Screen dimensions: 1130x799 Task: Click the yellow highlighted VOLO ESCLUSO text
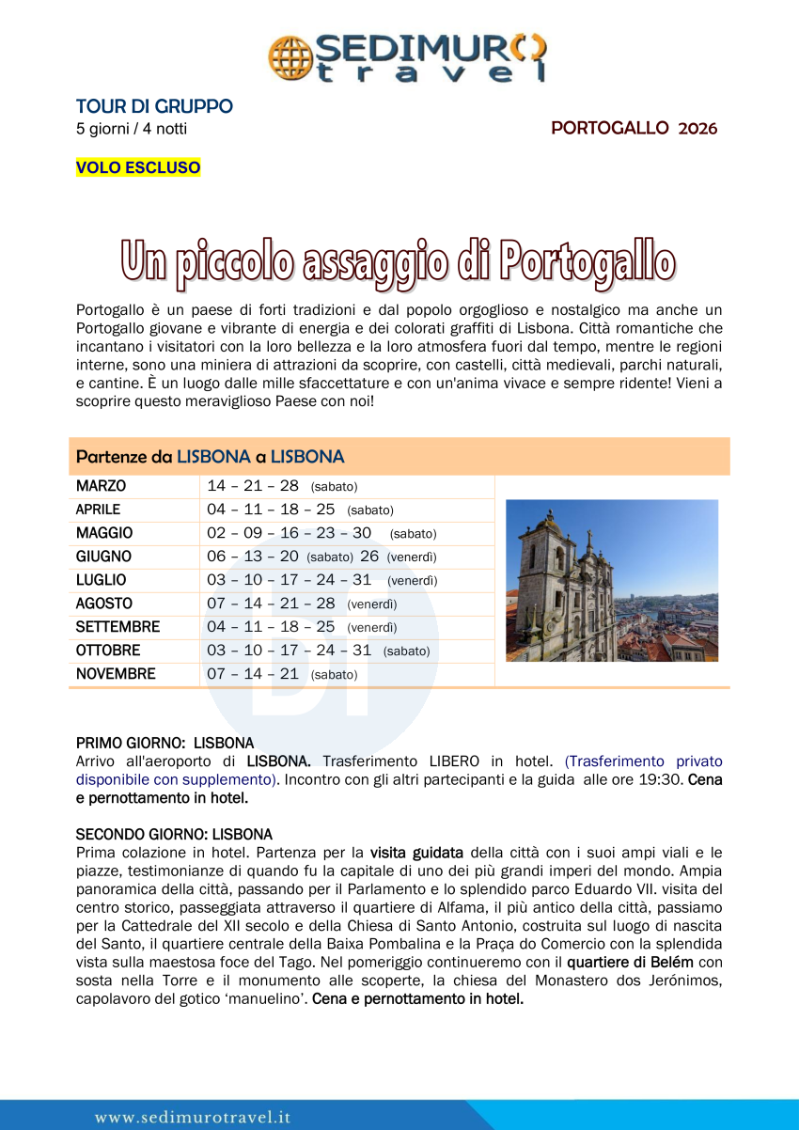coord(138,168)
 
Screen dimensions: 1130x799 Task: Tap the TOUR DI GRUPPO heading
coord(154,107)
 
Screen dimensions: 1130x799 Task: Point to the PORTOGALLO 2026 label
coord(634,129)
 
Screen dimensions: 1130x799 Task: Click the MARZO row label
coord(101,487)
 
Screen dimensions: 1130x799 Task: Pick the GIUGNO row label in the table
coord(103,557)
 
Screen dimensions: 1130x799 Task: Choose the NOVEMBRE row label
coord(116,674)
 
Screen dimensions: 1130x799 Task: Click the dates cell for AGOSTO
coord(302,604)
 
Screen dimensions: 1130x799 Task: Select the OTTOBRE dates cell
coord(318,651)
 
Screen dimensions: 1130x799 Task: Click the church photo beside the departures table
coord(611,580)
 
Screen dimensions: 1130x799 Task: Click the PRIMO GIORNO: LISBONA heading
coord(164,743)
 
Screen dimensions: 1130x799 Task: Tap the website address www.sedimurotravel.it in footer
coord(193,1117)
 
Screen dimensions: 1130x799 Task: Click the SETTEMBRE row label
coord(117,627)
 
